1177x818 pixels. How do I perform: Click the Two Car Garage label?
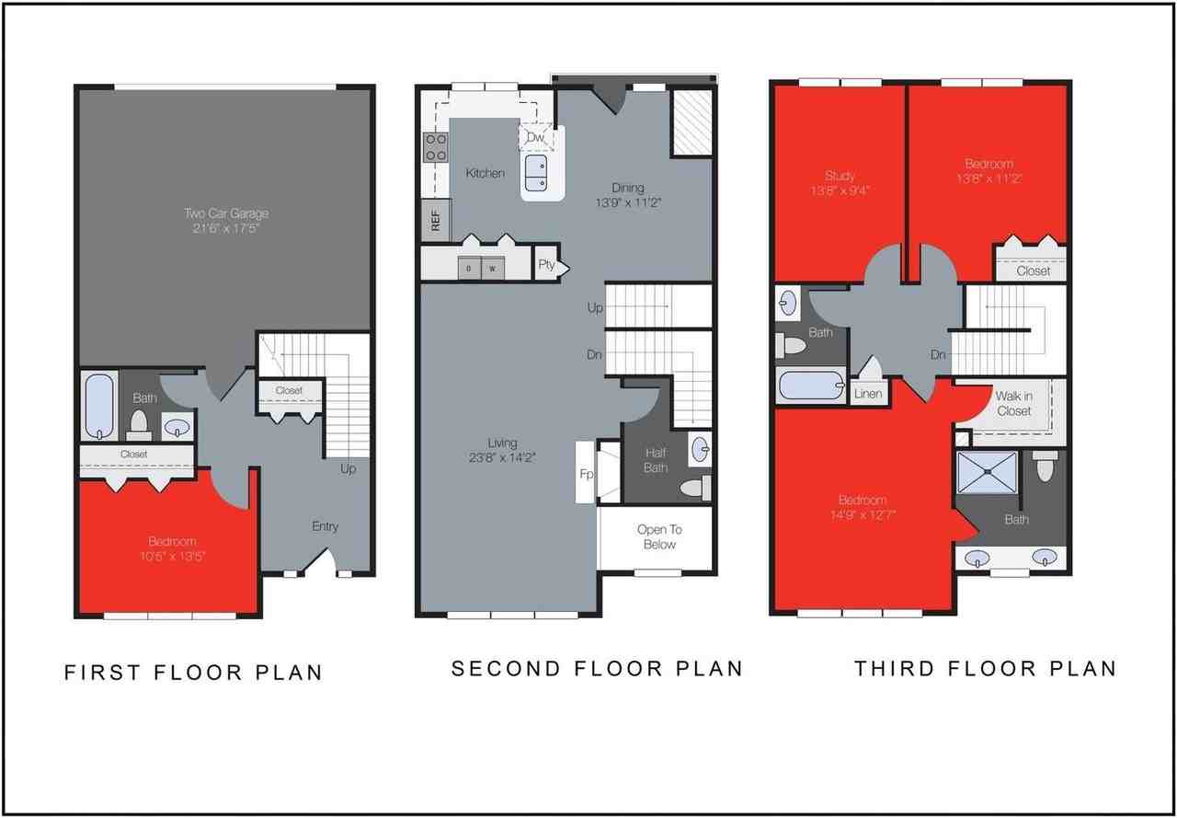(225, 213)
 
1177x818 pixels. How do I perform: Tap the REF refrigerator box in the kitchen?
(435, 222)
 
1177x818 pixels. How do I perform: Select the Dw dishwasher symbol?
(535, 137)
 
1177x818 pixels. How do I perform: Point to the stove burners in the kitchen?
(435, 147)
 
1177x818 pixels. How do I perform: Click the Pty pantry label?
(547, 265)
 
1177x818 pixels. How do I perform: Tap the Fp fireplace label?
(585, 474)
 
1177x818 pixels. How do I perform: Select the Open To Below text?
(659, 536)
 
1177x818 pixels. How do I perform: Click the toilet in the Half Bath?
(695, 487)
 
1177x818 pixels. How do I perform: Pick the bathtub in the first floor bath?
(98, 406)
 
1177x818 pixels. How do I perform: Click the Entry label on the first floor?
(325, 526)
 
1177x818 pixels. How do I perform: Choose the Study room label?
(840, 175)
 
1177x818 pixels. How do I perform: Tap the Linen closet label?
(868, 393)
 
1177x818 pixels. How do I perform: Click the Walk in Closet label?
(1013, 403)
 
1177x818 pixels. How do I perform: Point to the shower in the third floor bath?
(988, 472)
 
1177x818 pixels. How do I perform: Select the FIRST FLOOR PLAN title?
(193, 673)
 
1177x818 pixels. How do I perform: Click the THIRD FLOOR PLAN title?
(985, 669)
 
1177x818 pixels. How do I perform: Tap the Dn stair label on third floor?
(938, 354)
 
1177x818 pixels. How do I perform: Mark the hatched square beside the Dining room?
(691, 122)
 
